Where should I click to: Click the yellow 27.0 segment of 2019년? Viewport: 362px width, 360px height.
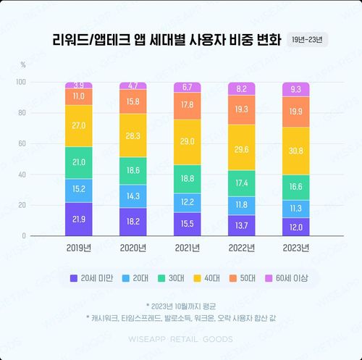[78, 125]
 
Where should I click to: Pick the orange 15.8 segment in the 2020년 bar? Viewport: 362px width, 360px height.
[132, 102]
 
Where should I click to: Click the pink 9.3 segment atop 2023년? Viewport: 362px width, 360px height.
[296, 89]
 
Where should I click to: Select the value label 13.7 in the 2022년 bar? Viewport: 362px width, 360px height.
[242, 227]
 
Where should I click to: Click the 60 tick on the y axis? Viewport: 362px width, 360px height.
[22, 143]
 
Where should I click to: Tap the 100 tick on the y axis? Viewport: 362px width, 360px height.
[20, 82]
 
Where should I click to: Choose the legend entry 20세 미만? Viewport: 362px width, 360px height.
[96, 278]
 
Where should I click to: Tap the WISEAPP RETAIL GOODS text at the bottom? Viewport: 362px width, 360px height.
[180, 339]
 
